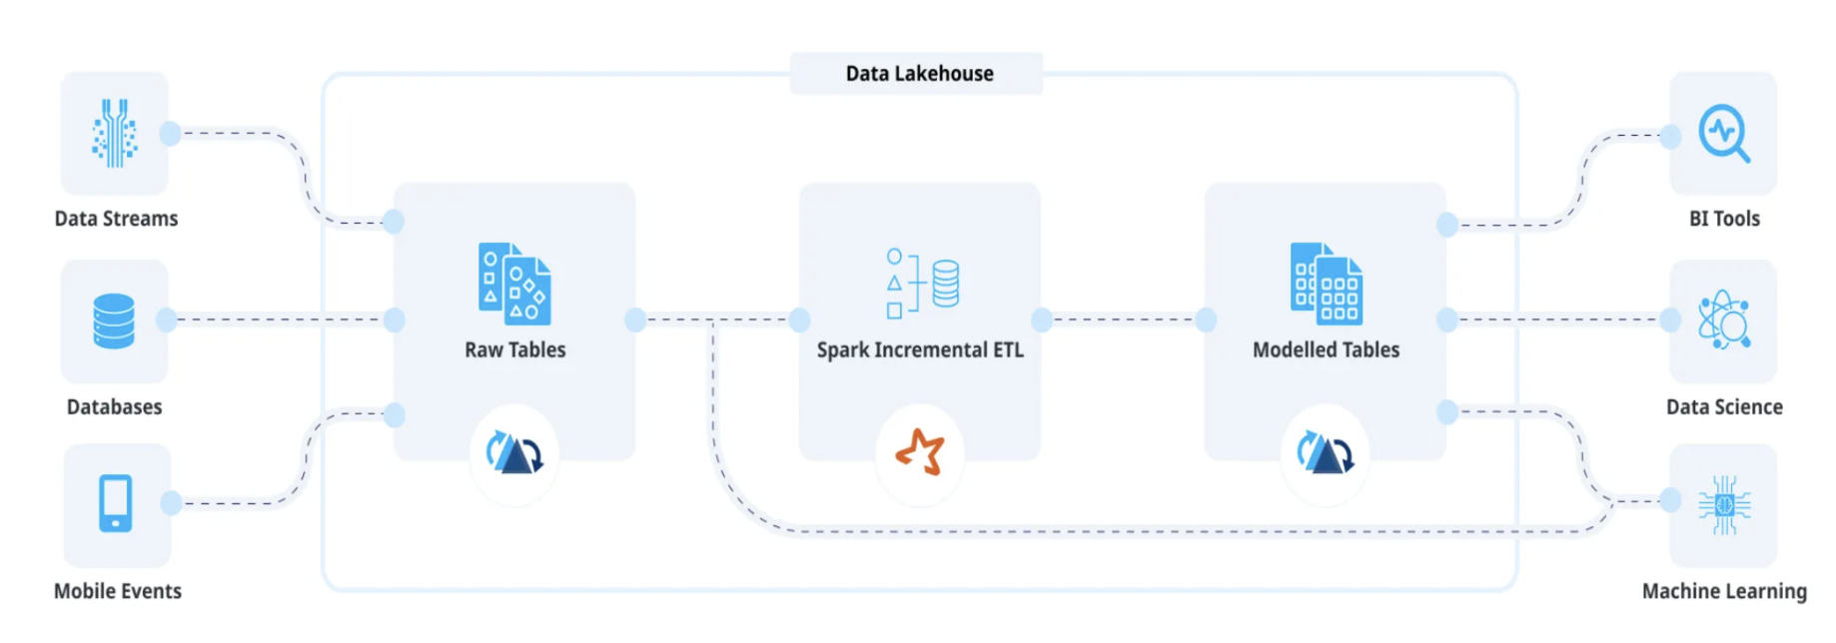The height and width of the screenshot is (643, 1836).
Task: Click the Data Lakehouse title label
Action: tap(918, 74)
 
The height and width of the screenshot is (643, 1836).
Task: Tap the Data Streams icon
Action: tap(115, 133)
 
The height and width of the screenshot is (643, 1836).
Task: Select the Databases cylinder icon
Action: tap(114, 321)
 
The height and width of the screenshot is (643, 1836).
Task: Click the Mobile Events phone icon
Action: tap(116, 503)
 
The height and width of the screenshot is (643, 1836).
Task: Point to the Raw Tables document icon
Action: tap(514, 285)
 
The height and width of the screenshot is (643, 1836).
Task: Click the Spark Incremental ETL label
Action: tap(920, 350)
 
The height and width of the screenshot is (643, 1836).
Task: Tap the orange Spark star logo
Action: tap(920, 453)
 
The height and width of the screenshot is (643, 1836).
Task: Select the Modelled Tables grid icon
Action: tap(1326, 285)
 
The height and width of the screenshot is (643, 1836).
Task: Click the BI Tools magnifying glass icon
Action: tap(1724, 133)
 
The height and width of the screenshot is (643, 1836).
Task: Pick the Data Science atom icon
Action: tap(1724, 321)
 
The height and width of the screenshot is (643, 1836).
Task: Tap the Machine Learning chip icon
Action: tap(1724, 505)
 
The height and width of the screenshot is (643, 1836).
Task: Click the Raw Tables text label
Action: tap(514, 350)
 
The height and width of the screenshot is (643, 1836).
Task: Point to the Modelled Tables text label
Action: tap(1326, 350)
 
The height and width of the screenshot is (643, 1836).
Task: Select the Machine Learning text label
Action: tap(1724, 592)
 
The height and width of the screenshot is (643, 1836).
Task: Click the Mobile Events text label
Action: tap(118, 592)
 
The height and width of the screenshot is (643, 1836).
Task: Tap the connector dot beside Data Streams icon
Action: tap(171, 133)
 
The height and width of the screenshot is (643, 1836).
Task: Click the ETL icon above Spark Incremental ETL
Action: tap(922, 284)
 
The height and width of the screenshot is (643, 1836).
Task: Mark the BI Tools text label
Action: tap(1724, 219)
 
